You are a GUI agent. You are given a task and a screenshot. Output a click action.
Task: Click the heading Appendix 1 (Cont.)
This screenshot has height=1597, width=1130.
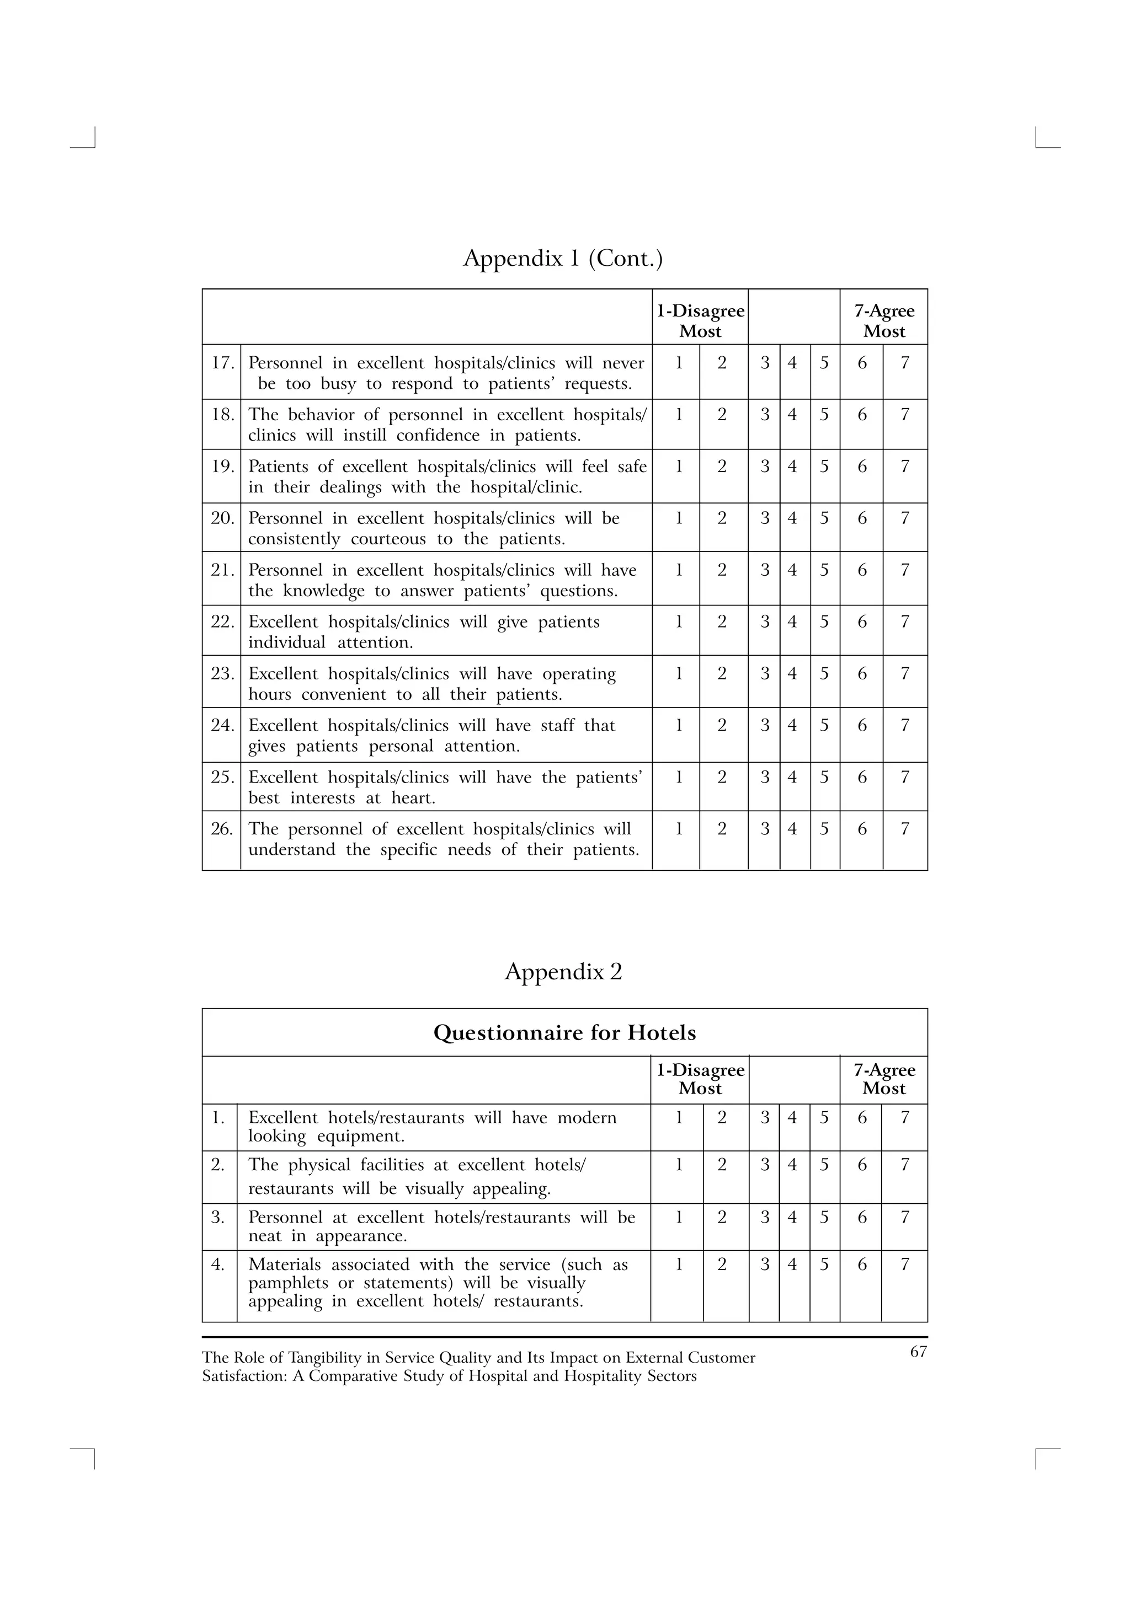(x=563, y=259)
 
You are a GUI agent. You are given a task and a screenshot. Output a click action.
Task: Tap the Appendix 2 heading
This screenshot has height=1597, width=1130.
(x=563, y=971)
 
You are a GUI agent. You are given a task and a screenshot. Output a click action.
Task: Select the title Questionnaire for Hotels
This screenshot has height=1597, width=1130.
(x=564, y=1033)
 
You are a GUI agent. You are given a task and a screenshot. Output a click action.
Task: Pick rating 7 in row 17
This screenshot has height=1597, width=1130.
(x=904, y=363)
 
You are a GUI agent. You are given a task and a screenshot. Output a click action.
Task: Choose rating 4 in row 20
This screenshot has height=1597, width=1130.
(x=792, y=518)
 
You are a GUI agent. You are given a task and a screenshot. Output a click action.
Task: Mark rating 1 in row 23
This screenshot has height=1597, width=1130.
(x=679, y=674)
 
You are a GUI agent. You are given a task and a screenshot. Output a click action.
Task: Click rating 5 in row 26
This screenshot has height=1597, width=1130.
(x=824, y=829)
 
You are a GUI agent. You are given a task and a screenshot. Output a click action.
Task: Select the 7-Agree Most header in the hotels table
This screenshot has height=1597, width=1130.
(x=884, y=1080)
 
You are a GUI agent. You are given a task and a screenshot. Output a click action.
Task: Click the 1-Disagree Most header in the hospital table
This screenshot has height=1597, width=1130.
(x=700, y=321)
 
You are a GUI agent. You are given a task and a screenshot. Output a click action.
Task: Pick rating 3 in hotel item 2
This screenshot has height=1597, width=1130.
(x=765, y=1165)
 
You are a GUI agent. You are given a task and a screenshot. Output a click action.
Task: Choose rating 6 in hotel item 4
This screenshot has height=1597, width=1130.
(x=861, y=1264)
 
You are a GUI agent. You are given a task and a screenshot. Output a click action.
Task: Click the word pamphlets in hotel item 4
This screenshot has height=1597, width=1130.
(x=287, y=1283)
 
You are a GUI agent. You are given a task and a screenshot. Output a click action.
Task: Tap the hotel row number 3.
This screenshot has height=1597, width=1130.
(x=218, y=1217)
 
